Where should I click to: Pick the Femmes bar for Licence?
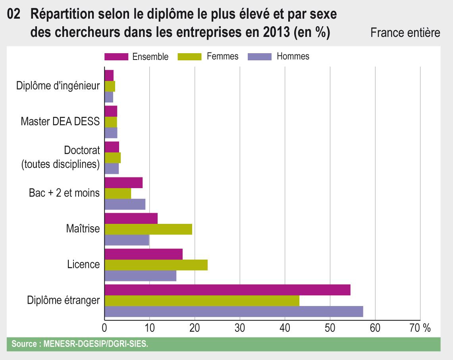[156, 265]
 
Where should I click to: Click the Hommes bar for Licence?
[140, 275]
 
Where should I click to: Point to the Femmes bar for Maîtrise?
[148, 229]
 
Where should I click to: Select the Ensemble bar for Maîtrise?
[131, 218]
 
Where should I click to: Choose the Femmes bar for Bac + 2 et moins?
[118, 193]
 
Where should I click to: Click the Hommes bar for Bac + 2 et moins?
[125, 204]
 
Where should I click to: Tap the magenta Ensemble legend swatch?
[116, 56]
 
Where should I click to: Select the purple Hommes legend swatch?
[259, 56]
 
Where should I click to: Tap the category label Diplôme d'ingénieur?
[58, 86]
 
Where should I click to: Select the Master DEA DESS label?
[60, 121]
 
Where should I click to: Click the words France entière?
[405, 33]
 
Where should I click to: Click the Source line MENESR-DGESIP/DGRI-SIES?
[80, 344]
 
